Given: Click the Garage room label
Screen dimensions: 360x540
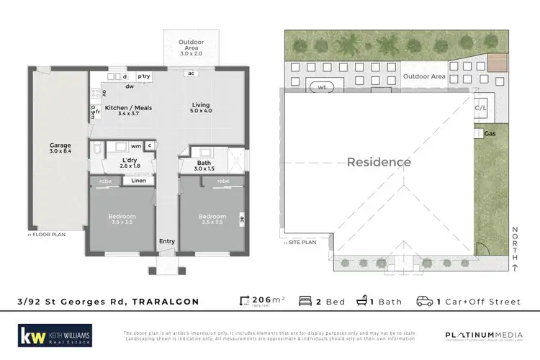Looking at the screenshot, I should (x=60, y=145).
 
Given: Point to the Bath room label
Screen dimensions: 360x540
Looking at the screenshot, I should (x=204, y=163).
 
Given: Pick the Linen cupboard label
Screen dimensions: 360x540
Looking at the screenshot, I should (x=138, y=181).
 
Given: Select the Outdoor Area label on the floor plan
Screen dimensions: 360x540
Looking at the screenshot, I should (x=191, y=42).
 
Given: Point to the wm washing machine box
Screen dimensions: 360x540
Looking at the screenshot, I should (x=135, y=146).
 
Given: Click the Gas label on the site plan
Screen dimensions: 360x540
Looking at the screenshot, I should (x=490, y=134).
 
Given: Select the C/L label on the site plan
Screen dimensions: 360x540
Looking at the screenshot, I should (x=481, y=109).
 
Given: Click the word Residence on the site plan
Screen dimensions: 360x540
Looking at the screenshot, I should (x=379, y=162).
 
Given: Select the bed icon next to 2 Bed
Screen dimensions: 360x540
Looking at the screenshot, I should (x=305, y=301).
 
